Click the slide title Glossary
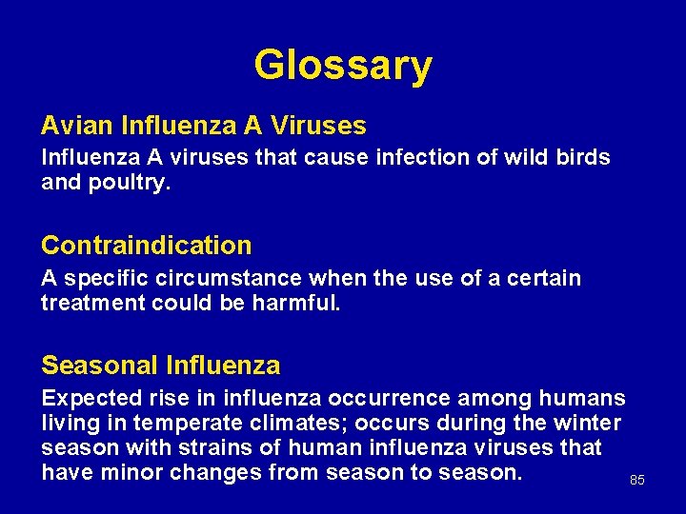click(343, 66)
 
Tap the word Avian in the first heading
click(72, 126)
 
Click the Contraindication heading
click(147, 246)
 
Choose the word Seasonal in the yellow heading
click(99, 366)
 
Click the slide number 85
click(637, 481)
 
